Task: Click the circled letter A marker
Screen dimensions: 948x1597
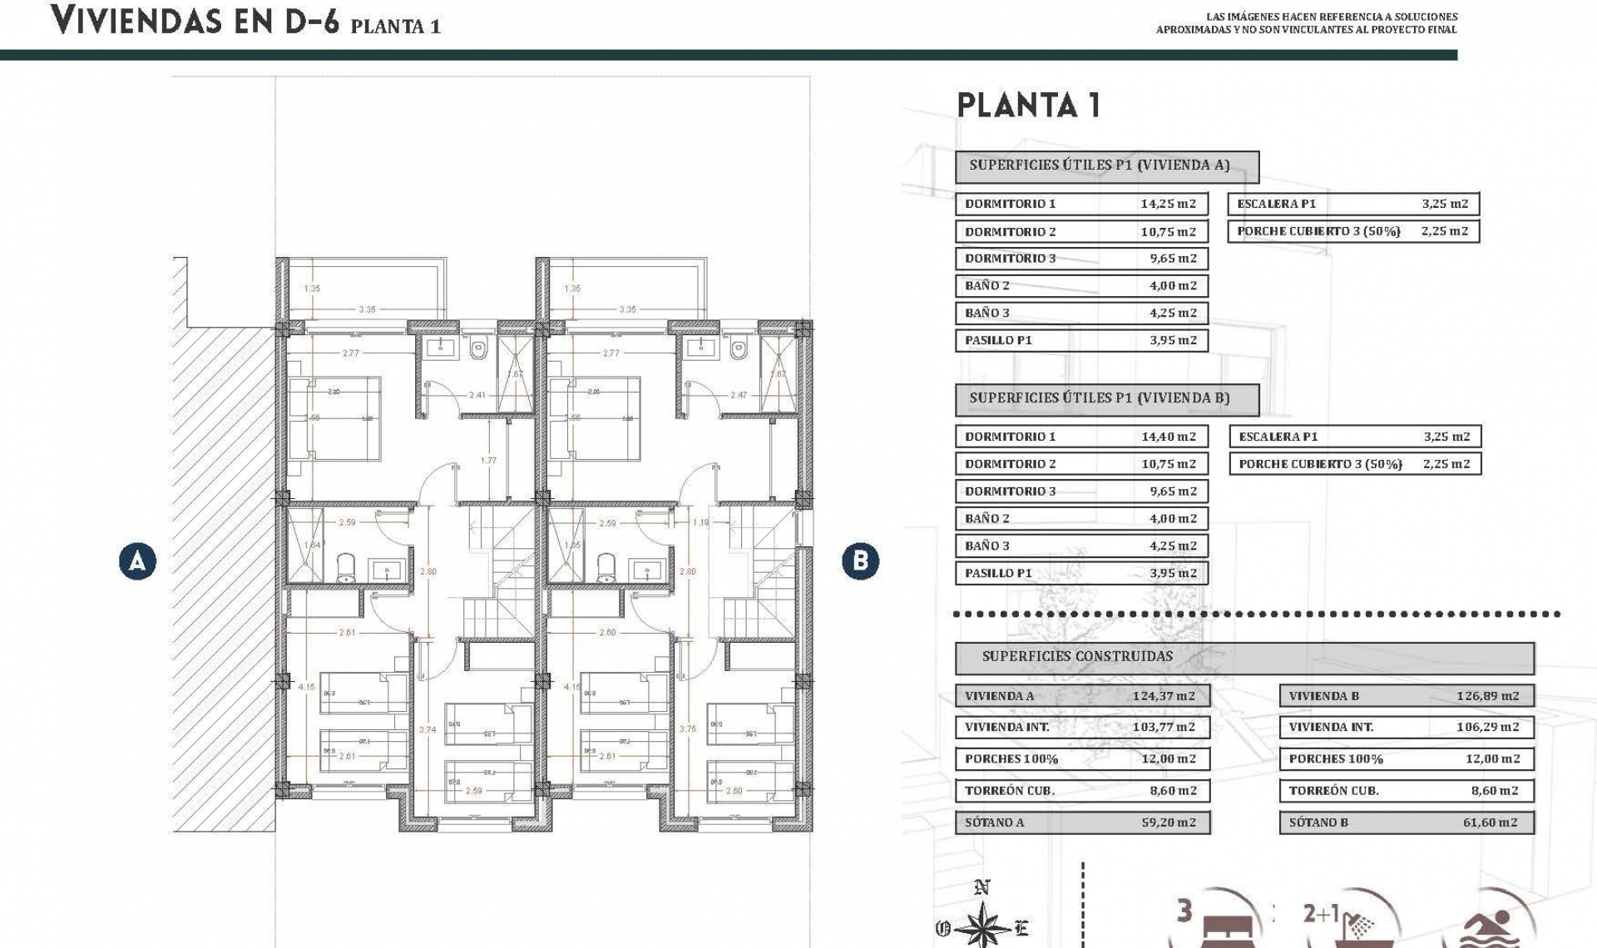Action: pyautogui.click(x=137, y=561)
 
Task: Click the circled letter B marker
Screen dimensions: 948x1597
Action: pyautogui.click(x=860, y=561)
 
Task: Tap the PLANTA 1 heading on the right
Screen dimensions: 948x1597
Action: pyautogui.click(x=1029, y=106)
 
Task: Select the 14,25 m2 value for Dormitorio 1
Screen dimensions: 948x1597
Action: pyautogui.click(x=1168, y=204)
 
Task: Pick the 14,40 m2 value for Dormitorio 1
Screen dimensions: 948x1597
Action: pyautogui.click(x=1168, y=437)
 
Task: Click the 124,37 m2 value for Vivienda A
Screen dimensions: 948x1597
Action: pyautogui.click(x=1163, y=696)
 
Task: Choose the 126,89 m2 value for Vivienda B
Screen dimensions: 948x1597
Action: pyautogui.click(x=1487, y=696)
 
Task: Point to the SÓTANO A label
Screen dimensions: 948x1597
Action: pyautogui.click(x=995, y=822)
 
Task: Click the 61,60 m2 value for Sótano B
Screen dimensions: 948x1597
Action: pyautogui.click(x=1490, y=822)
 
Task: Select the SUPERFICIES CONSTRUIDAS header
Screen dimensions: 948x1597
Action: pyautogui.click(x=1077, y=656)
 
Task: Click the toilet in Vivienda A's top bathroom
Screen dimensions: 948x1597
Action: pyautogui.click(x=478, y=351)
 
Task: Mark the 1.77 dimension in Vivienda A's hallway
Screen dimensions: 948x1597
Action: pyautogui.click(x=488, y=461)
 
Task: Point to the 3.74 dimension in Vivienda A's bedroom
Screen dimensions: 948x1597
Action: pyautogui.click(x=428, y=730)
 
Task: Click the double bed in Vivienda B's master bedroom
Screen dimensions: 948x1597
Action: pyautogui.click(x=595, y=418)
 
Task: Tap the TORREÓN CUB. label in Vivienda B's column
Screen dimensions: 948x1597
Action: pyautogui.click(x=1333, y=791)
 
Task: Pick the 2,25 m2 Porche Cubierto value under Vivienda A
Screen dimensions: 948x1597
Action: pyautogui.click(x=1445, y=231)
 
